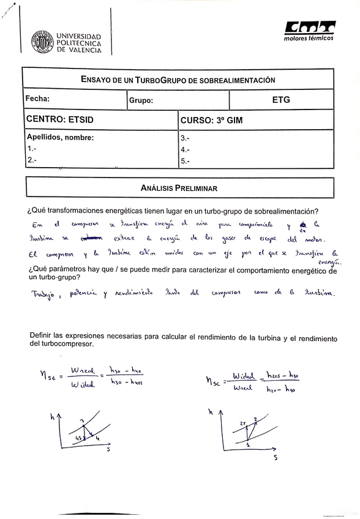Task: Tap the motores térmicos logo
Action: [309, 30]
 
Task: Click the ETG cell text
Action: [281, 100]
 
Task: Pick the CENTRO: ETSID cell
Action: [59, 120]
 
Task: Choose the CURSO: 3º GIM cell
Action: [211, 121]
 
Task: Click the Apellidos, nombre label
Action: [59, 138]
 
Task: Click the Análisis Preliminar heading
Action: [179, 189]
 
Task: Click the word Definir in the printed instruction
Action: [40, 335]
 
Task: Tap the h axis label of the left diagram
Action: [53, 417]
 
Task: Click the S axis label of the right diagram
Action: [275, 457]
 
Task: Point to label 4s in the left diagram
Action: [78, 438]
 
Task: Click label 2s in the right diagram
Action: [243, 423]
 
